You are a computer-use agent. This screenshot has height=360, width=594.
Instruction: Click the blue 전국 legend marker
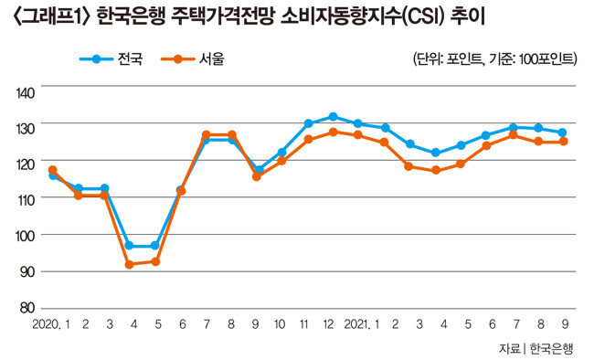tap(97, 59)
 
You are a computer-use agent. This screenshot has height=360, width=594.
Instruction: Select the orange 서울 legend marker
tap(178, 59)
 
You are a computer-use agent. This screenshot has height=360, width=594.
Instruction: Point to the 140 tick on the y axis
tap(26, 93)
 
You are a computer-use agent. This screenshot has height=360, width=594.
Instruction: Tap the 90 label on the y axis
tap(27, 271)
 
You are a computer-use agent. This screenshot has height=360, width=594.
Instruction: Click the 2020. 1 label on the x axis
tap(51, 324)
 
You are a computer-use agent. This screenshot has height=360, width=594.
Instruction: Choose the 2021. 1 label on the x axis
tap(361, 324)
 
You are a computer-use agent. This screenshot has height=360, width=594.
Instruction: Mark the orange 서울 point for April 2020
tap(129, 264)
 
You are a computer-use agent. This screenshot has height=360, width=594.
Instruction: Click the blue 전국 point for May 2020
tap(155, 246)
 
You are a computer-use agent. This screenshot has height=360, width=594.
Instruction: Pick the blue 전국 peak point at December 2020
tap(333, 116)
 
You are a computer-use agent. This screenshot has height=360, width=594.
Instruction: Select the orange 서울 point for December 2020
tap(333, 132)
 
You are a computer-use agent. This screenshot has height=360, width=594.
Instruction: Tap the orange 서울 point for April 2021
tap(436, 170)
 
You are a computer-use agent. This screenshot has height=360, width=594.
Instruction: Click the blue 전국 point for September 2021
tap(563, 132)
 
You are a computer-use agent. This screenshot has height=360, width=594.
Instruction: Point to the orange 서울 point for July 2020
tap(207, 135)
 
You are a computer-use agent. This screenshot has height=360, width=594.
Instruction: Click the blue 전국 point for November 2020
tap(308, 123)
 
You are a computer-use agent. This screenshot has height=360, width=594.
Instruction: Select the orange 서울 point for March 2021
tap(408, 166)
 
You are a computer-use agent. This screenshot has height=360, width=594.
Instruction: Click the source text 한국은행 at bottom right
tap(551, 348)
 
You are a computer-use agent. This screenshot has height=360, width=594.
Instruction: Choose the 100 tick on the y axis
tap(26, 236)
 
